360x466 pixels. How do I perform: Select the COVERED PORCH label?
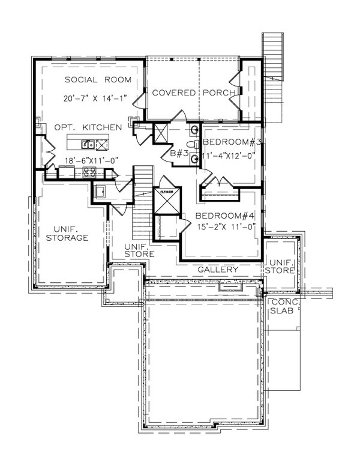coord(193,92)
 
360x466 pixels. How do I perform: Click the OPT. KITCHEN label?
coord(88,127)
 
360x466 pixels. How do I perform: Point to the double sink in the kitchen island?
coord(88,144)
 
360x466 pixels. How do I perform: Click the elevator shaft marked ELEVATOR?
coord(166,201)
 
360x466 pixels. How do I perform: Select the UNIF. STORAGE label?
coord(67,233)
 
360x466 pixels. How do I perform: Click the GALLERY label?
coord(218,270)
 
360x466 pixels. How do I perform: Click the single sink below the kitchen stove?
coord(100,192)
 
